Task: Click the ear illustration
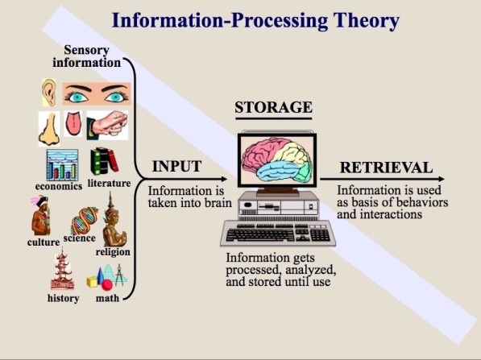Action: (x=49, y=93)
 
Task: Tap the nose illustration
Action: (x=49, y=129)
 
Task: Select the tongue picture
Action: (x=73, y=123)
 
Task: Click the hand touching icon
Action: (x=107, y=125)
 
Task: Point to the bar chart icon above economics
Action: (x=62, y=165)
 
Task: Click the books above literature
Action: (x=104, y=161)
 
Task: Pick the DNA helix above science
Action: (x=85, y=220)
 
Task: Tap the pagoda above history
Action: (x=63, y=269)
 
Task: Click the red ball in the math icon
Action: (x=107, y=285)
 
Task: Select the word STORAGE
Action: (x=274, y=107)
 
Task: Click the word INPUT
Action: (x=176, y=166)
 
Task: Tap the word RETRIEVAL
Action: (x=386, y=168)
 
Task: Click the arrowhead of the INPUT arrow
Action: (x=224, y=179)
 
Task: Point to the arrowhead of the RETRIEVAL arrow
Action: (x=442, y=179)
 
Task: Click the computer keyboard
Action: (x=278, y=234)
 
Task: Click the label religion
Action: (x=113, y=252)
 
